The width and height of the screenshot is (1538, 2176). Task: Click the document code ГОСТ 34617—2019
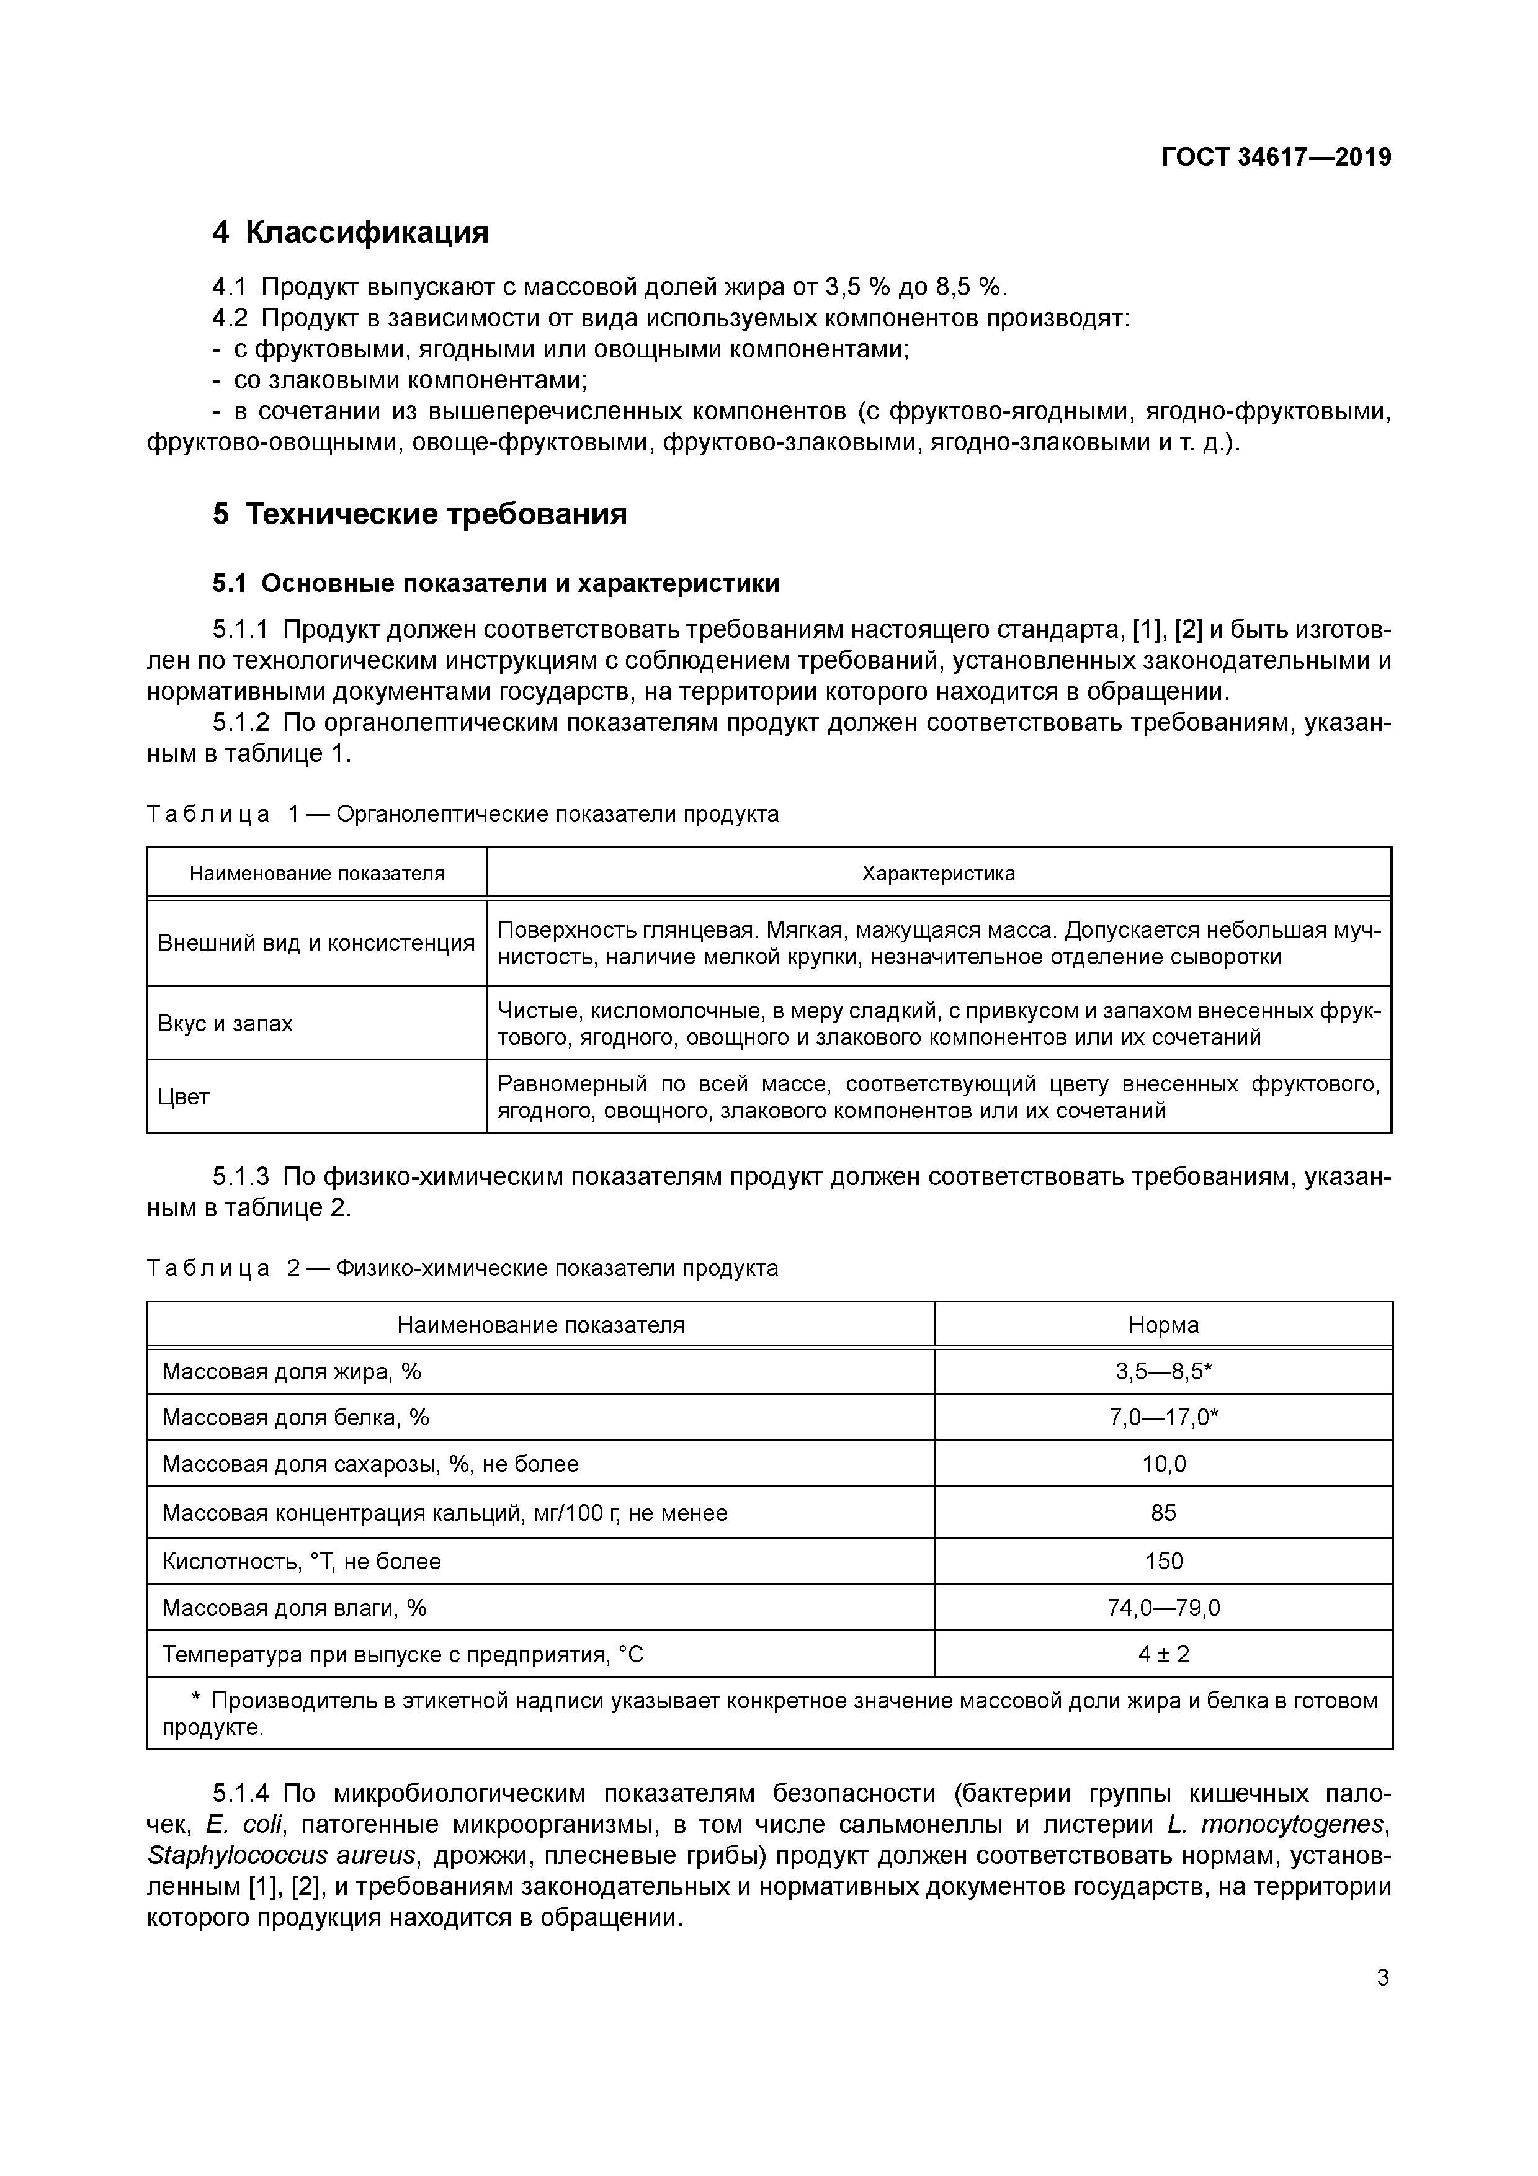(x=1276, y=158)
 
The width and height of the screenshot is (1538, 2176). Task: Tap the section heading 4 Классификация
(x=350, y=232)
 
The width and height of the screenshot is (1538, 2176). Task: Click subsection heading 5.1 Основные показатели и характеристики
(x=496, y=584)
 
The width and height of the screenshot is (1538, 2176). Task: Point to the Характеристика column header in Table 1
(x=937, y=874)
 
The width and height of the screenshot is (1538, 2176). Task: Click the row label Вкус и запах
(x=226, y=1024)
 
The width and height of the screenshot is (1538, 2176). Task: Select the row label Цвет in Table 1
(x=184, y=1096)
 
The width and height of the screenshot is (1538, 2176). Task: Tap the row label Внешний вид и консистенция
(x=316, y=943)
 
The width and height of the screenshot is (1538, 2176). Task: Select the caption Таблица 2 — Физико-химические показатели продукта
(x=462, y=1268)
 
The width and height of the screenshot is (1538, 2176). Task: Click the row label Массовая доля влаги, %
(x=295, y=1608)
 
